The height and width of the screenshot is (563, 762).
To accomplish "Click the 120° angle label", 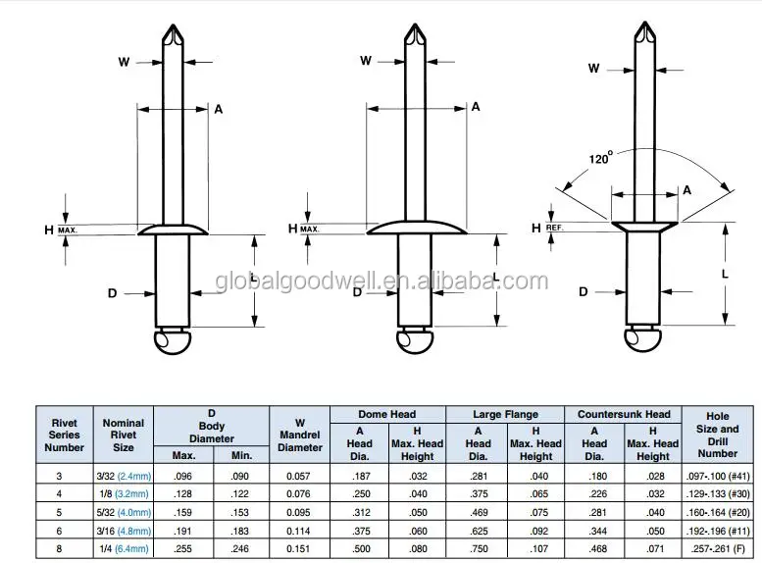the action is point(600,158).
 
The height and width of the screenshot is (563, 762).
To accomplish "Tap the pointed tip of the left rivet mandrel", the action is point(173,24).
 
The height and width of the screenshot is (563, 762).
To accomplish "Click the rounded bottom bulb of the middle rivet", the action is point(415,340).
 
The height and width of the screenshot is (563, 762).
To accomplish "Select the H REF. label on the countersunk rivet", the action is point(547,228).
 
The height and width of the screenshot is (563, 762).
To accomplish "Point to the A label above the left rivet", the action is point(218,109).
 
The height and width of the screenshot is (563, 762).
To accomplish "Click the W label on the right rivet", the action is point(593,68).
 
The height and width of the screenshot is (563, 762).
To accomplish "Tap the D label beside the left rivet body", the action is point(112,293).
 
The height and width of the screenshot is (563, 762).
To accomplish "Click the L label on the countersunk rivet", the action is point(725,274).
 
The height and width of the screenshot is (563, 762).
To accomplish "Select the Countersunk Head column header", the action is point(624,414).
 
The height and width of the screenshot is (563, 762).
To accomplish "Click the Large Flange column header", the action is point(505,414).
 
